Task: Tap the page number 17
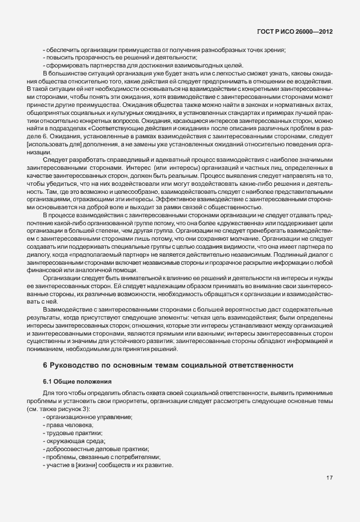point(330,479)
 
